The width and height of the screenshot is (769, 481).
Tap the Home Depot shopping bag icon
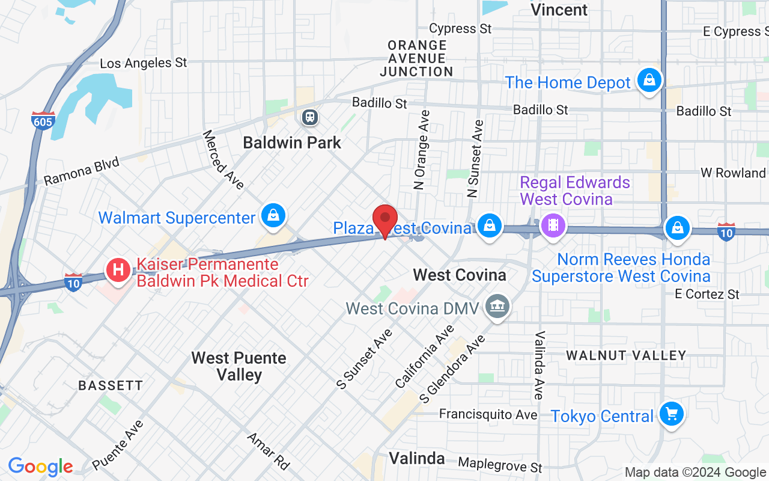pos(649,81)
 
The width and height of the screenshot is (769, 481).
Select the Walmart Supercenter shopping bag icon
pos(273,215)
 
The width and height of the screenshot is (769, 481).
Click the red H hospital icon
pos(118,270)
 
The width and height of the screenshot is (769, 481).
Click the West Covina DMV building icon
pos(498,307)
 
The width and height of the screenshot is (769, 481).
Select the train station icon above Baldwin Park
pos(310,117)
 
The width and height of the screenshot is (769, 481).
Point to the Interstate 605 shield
pos(43,120)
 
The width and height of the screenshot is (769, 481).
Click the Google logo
pos(40,467)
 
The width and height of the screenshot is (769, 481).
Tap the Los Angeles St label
pos(144,63)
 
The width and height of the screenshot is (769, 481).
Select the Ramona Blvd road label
pos(82,171)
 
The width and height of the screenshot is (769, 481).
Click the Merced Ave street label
pos(223,159)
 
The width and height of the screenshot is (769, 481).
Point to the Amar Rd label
pos(268,451)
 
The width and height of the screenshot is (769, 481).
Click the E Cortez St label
pos(707,294)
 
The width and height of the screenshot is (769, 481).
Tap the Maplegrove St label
pos(500,464)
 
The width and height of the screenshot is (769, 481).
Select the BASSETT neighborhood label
pos(111,385)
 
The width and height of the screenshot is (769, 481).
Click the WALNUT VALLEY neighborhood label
pos(626,355)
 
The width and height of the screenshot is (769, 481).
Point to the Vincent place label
pos(559,10)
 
